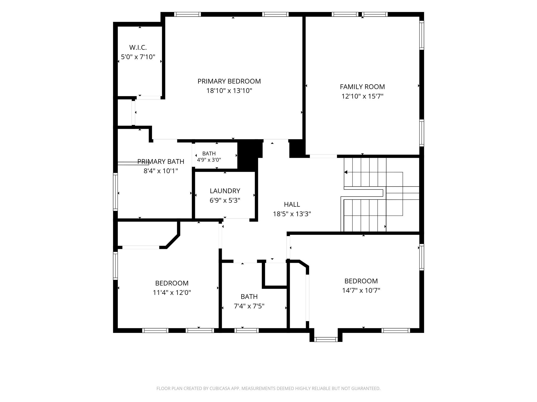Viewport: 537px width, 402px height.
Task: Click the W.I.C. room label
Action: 138,48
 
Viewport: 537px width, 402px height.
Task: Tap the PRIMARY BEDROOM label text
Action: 229,81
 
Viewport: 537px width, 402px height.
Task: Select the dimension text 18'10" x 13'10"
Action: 229,91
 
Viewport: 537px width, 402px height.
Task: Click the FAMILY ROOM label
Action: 362,87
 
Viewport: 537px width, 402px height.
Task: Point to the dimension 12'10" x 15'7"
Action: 362,96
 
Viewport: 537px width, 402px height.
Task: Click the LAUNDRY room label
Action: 225,191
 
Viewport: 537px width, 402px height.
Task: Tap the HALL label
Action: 292,204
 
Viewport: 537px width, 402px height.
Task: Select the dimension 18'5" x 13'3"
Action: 292,214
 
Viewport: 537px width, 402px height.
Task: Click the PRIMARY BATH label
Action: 161,161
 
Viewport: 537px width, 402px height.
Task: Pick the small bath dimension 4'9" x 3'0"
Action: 209,160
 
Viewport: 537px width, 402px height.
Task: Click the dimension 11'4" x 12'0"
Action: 172,293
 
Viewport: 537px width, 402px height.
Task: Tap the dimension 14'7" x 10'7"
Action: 361,291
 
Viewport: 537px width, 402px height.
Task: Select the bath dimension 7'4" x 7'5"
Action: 249,306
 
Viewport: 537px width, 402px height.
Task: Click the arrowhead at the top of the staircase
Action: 346,172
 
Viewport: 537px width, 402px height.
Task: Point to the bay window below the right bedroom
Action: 326,339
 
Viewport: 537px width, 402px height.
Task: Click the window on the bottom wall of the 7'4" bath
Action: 246,331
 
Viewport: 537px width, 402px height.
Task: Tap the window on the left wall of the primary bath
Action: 115,192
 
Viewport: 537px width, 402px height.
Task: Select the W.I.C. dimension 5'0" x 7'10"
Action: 138,57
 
